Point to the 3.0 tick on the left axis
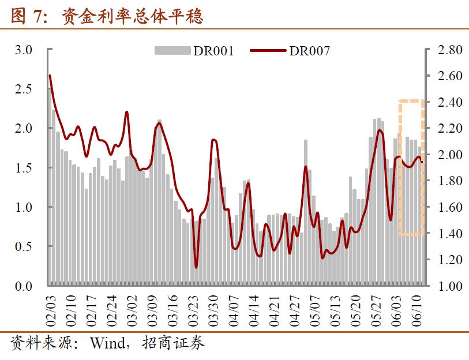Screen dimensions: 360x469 (24, 50)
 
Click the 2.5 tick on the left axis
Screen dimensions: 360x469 (24, 89)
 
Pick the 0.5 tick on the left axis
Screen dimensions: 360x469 (24, 246)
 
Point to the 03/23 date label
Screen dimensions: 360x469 (194, 309)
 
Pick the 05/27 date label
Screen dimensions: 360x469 (378, 309)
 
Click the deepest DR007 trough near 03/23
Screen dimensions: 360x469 (196, 267)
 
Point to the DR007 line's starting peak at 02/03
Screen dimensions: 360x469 (50, 76)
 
